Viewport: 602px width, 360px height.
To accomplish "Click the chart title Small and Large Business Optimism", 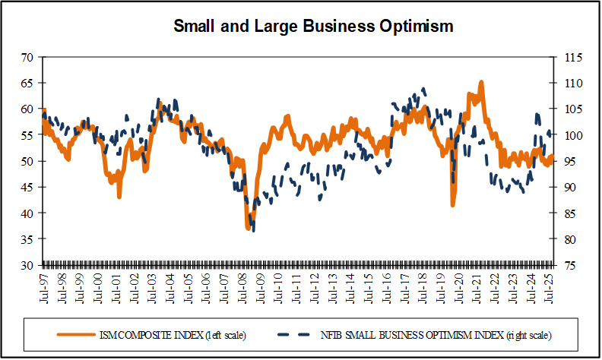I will [x=313, y=27].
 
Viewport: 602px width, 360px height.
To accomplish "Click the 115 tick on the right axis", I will [x=569, y=57].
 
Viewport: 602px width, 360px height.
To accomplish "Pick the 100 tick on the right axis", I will [x=569, y=135].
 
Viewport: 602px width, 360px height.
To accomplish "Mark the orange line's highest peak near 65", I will [x=481, y=82].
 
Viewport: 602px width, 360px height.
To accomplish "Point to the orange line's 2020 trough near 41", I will [x=453, y=204].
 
